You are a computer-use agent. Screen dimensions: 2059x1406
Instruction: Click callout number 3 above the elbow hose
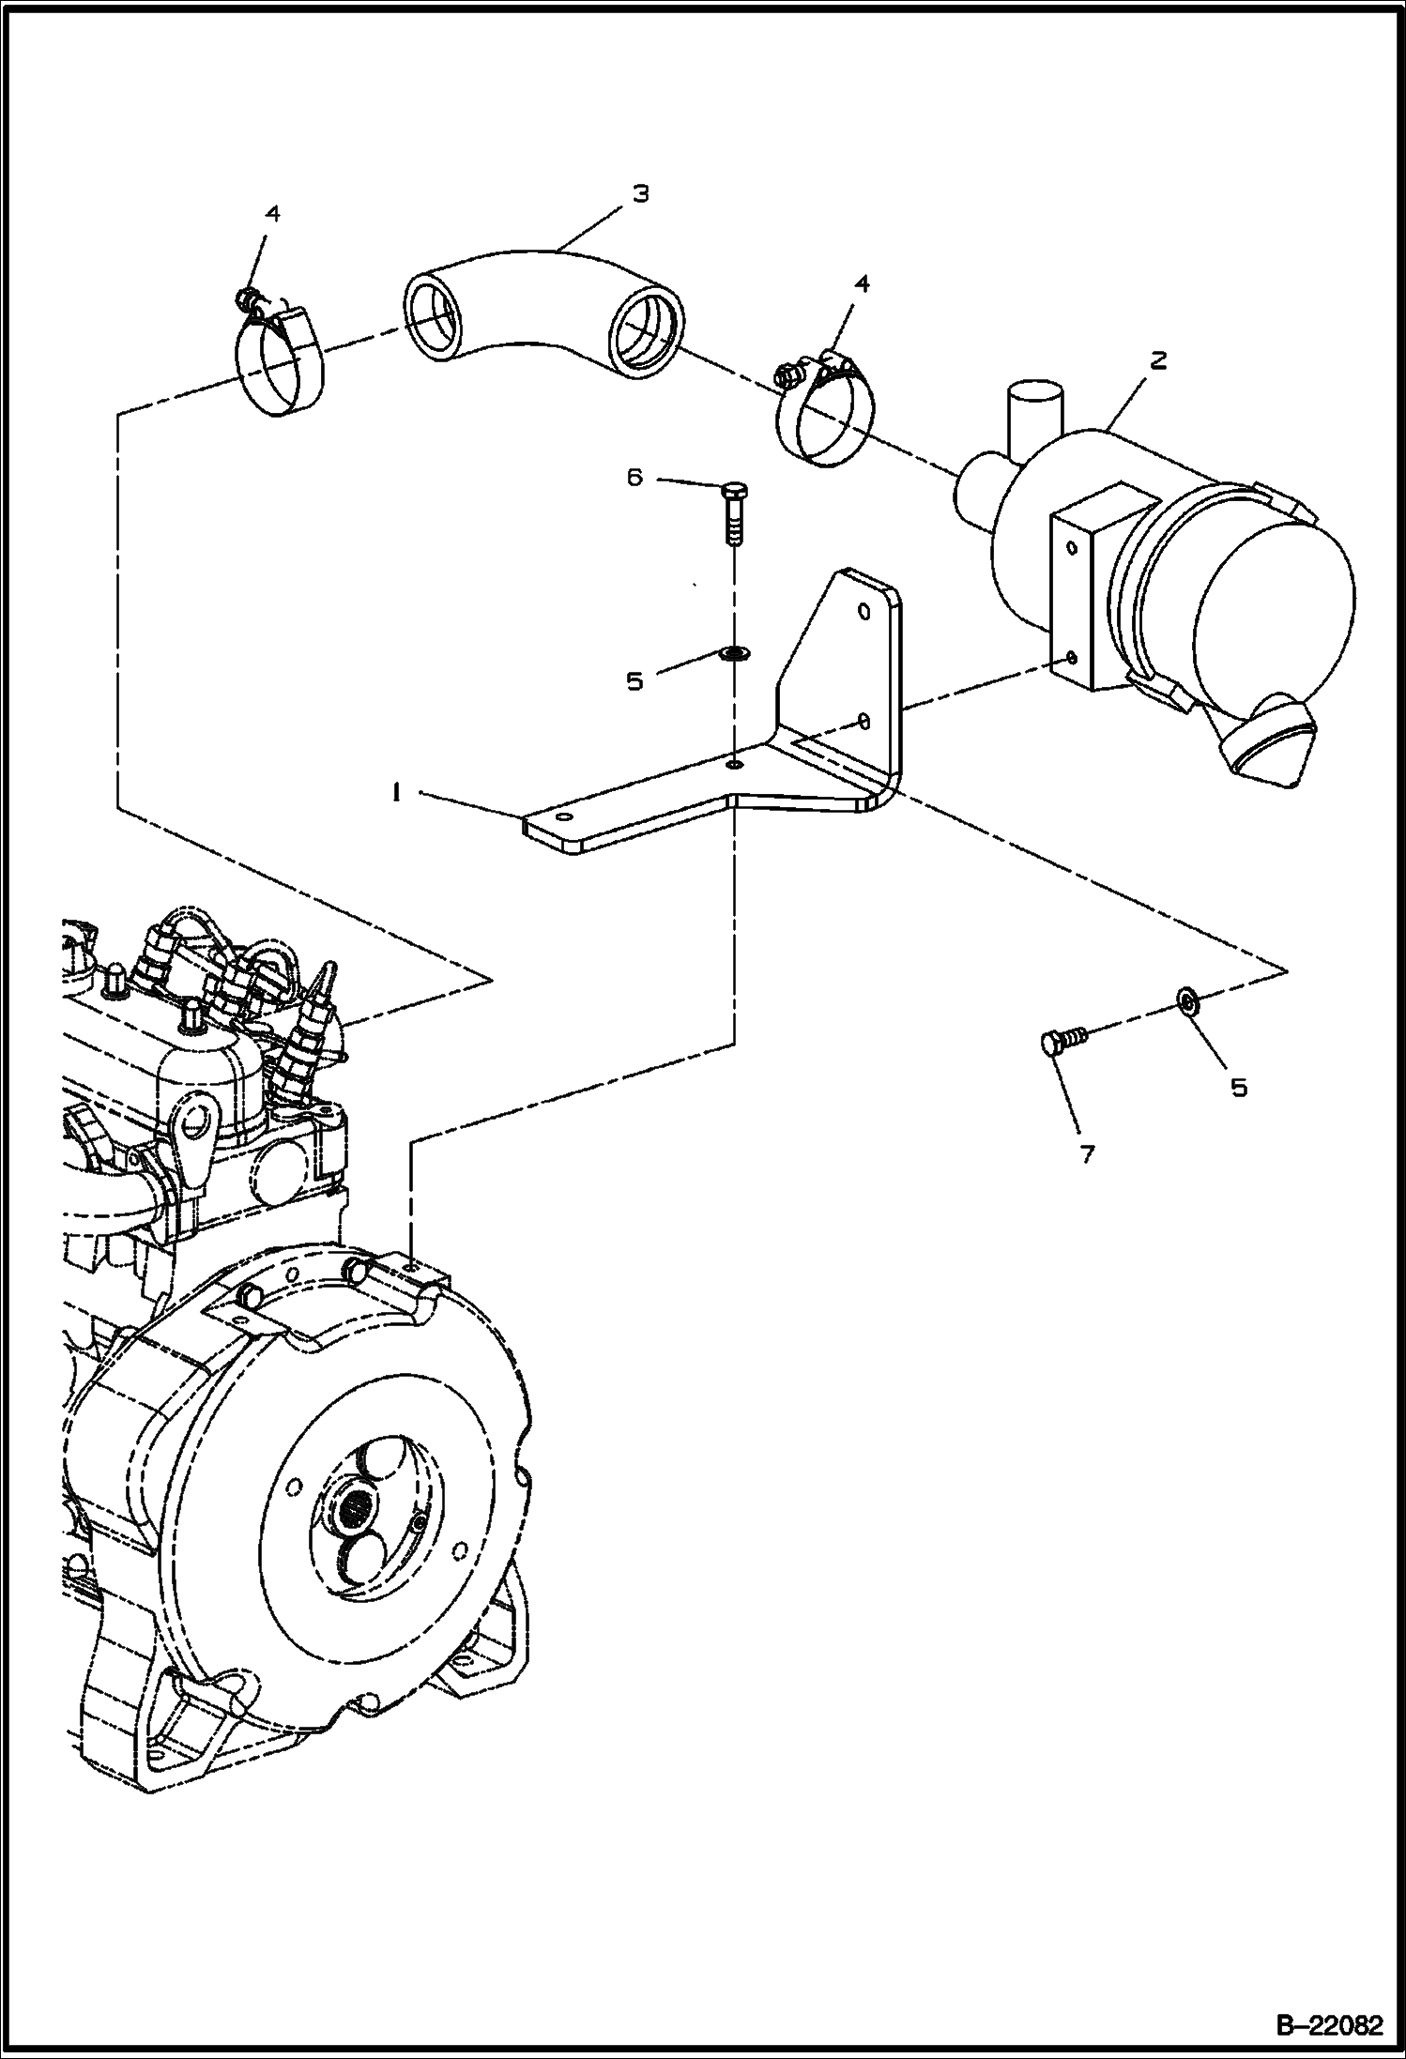click(640, 194)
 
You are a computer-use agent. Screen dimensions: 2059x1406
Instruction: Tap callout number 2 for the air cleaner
click(1158, 360)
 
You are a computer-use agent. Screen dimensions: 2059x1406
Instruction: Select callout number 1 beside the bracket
click(398, 793)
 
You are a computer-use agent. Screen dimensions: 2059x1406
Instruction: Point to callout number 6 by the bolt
click(635, 479)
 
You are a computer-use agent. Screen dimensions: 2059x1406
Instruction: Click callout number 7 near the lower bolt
click(1087, 1155)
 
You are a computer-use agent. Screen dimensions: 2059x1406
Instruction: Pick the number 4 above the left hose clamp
click(272, 214)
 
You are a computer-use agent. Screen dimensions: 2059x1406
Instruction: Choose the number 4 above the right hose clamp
click(861, 283)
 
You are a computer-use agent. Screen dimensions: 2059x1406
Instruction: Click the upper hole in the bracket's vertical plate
click(865, 612)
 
